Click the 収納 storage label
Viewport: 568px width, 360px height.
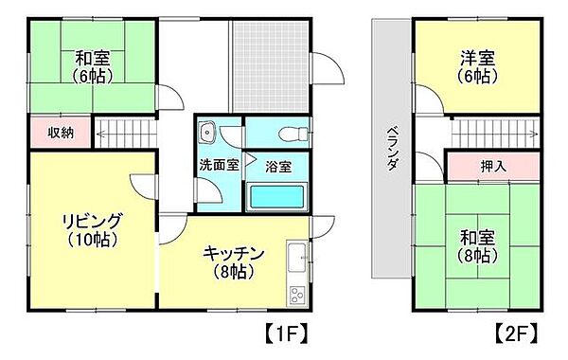coord(61,133)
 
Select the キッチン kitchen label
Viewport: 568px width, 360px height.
coord(233,253)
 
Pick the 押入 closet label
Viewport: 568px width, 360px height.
coord(493,166)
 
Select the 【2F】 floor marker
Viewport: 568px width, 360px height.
coord(515,333)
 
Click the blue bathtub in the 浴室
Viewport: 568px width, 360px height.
coord(276,197)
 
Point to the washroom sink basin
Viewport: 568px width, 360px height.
coord(209,133)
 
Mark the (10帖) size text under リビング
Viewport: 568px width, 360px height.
coord(92,241)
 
